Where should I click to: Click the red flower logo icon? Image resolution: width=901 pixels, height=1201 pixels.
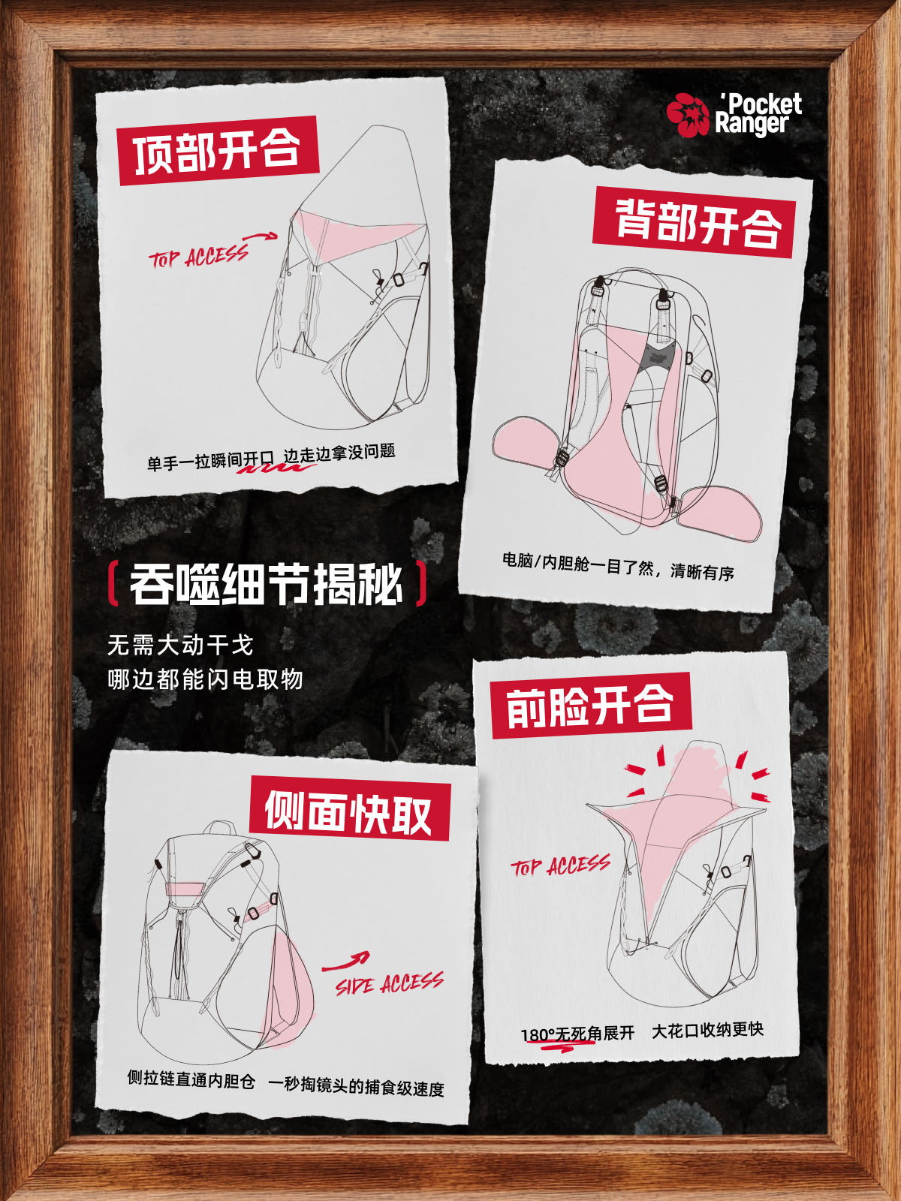tap(689, 115)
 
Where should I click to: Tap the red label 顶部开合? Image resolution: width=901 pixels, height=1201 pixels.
tap(218, 150)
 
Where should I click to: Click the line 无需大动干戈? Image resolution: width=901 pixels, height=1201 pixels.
tap(180, 645)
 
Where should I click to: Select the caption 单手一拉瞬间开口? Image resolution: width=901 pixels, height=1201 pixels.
tap(210, 461)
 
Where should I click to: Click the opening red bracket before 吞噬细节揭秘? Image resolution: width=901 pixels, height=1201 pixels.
tap(112, 583)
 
